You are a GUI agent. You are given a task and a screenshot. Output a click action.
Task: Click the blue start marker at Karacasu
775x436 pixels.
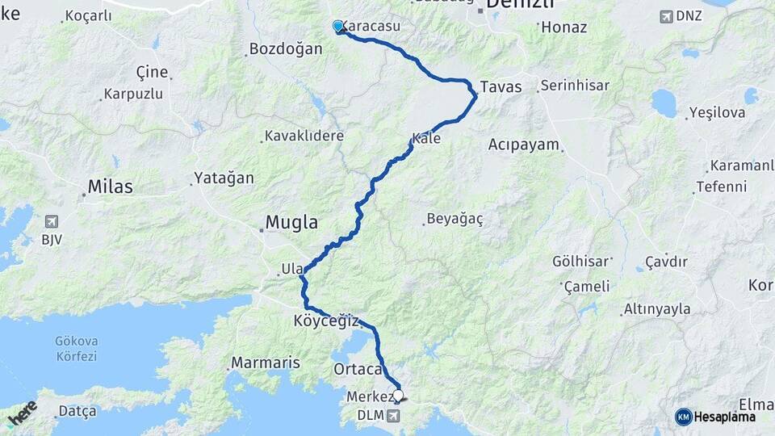338,26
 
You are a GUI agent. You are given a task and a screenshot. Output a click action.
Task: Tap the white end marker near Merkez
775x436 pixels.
397,395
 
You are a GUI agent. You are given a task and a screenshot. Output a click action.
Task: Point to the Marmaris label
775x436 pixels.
266,363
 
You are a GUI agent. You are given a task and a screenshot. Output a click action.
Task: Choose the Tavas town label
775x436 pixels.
501,86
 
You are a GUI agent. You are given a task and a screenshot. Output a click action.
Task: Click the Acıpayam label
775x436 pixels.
523,145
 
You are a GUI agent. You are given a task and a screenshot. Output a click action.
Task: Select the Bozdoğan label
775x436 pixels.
286,48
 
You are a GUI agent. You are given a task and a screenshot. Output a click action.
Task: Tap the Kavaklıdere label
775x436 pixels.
304,136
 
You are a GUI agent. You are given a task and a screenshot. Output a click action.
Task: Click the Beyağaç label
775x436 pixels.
455,220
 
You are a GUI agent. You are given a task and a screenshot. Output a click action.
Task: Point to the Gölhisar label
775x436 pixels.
579,262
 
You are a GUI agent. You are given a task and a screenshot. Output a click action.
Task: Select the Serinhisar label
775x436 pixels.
575,85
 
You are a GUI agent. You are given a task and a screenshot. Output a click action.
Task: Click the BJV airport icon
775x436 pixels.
52,221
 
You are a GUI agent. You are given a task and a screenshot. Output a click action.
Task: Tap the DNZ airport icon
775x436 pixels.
666,16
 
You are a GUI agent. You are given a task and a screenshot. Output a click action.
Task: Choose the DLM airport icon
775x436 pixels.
393,417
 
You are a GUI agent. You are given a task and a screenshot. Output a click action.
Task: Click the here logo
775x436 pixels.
22,412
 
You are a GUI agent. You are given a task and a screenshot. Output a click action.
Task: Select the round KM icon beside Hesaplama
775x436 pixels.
683,417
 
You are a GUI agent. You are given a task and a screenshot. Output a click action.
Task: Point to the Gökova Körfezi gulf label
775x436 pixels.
76,348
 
